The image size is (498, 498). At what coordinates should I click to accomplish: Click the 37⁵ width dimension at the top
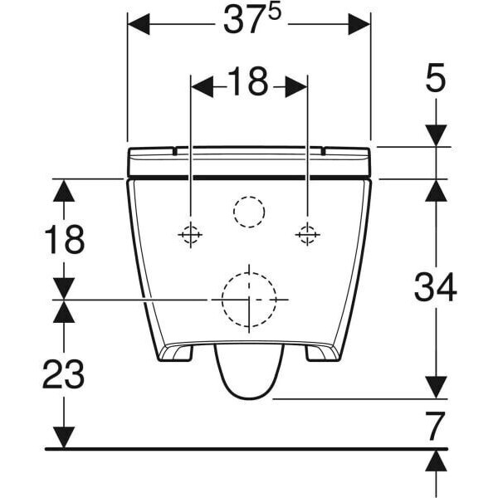click(248, 23)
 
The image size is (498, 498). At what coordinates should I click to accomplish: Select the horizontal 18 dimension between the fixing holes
click(247, 81)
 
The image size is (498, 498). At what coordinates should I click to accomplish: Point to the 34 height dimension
click(436, 287)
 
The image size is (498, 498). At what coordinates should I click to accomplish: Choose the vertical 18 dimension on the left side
click(63, 239)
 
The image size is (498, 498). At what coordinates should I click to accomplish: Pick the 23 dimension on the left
click(63, 374)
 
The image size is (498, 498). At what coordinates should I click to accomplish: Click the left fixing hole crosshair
click(190, 235)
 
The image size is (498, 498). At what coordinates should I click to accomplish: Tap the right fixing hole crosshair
click(306, 235)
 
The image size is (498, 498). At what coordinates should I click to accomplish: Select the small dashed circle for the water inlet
click(248, 212)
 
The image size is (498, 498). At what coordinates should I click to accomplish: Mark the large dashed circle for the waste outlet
click(248, 297)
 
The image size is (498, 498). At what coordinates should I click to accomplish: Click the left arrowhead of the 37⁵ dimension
click(138, 24)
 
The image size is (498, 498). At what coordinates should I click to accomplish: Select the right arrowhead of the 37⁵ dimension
click(359, 24)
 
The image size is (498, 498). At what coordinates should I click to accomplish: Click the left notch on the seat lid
click(176, 151)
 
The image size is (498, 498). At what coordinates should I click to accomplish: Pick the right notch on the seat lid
click(321, 151)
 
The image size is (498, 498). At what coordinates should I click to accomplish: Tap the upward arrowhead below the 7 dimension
click(436, 461)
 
